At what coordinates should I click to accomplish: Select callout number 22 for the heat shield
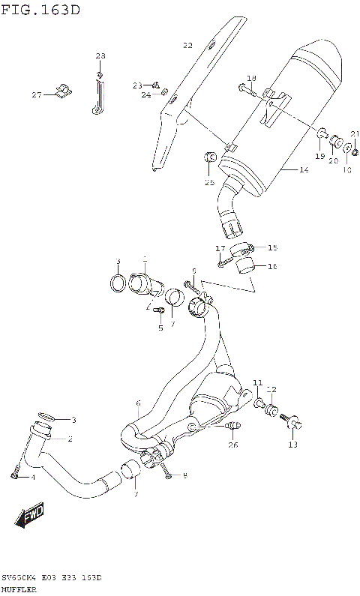[187, 46]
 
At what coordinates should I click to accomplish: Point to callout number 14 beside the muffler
[304, 170]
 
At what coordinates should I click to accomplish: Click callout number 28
[100, 56]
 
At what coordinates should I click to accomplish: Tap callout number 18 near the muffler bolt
[251, 78]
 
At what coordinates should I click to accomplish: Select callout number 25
[210, 182]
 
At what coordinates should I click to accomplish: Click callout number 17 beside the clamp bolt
[220, 248]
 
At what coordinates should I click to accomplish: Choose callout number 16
[272, 265]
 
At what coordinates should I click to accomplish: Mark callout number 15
[272, 247]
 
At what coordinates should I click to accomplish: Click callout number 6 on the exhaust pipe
[138, 403]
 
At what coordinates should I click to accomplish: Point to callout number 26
[232, 445]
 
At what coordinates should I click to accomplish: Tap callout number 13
[292, 445]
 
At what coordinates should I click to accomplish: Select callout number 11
[257, 383]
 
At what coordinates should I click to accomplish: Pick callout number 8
[184, 475]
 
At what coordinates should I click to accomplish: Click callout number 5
[160, 328]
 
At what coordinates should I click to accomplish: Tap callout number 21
[354, 133]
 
